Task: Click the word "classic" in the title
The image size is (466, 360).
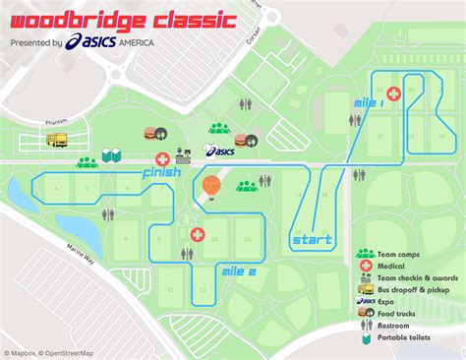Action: (x=187, y=18)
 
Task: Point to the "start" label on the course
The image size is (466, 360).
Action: (x=312, y=239)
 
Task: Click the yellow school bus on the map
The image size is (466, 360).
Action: (x=56, y=141)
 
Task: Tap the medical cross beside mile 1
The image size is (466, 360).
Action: (x=393, y=93)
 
